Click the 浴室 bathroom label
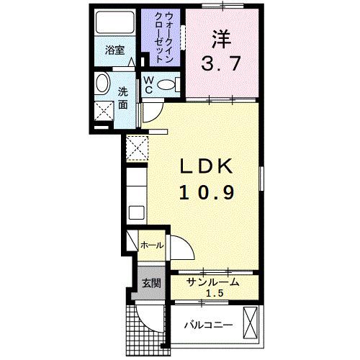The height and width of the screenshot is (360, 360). coord(115,50)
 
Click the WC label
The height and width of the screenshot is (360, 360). coord(148,84)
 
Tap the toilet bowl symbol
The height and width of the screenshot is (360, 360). coord(166,84)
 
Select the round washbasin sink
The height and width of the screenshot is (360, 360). coord(104,83)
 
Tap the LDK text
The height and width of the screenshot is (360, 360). coord(204,167)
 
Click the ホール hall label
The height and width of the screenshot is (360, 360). coord(150,246)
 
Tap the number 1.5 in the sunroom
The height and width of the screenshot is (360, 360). coord(214,294)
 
